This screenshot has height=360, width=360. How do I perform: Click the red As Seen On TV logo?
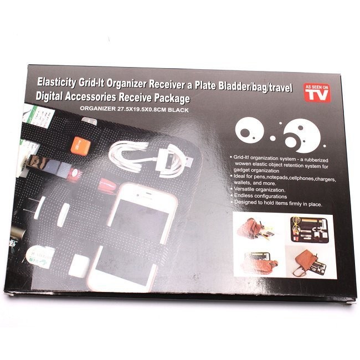pyautogui.click(x=317, y=92)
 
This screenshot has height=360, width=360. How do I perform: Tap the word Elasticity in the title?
pyautogui.click(x=56, y=83)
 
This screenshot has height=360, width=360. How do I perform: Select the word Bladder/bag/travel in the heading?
pyautogui.click(x=255, y=87)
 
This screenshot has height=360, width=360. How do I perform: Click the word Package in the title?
pyautogui.click(x=172, y=98)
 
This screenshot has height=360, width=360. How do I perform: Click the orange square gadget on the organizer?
pyautogui.click(x=80, y=146)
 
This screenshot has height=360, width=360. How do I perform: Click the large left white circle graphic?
pyautogui.click(x=250, y=130)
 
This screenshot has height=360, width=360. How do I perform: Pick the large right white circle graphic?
pyautogui.click(x=302, y=136)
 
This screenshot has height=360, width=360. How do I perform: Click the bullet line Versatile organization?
pyautogui.click(x=259, y=189)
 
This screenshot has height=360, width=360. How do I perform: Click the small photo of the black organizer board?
pyautogui.click(x=310, y=230)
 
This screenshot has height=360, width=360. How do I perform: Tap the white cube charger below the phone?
pyautogui.click(x=79, y=266)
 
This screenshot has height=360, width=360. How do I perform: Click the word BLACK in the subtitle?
pyautogui.click(x=178, y=110)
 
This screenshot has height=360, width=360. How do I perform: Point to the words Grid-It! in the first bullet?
pyautogui.click(x=241, y=157)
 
